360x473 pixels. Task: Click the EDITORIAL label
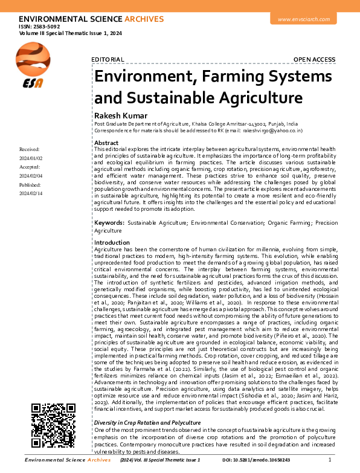coord(108,59)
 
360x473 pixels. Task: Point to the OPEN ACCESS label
coord(314,59)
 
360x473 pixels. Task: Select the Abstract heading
coord(106,142)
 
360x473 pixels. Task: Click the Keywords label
coord(109,224)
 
